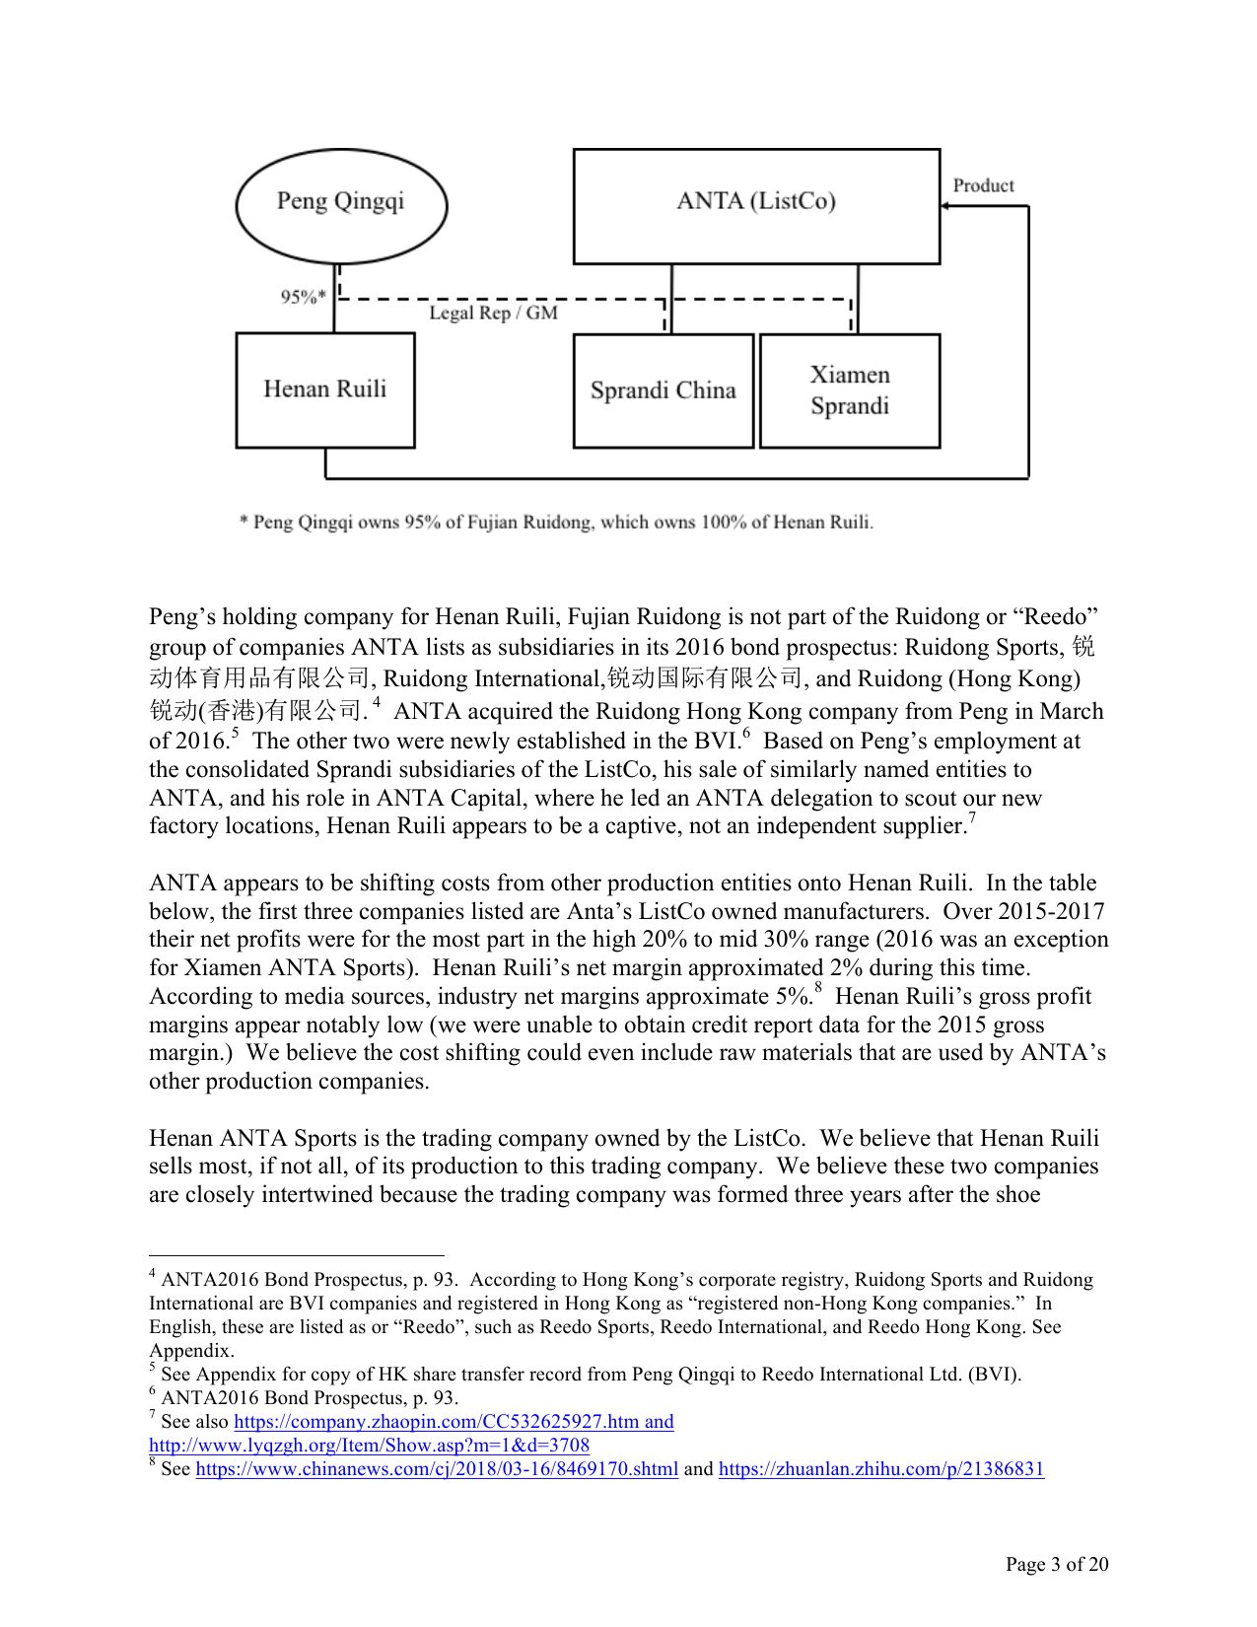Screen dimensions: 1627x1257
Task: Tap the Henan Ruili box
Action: click(x=325, y=389)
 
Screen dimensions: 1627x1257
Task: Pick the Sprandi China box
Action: click(x=663, y=391)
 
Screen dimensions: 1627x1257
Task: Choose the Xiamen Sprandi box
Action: click(x=850, y=390)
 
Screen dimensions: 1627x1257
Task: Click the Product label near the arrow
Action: click(x=983, y=185)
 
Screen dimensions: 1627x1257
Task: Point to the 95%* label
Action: click(x=303, y=297)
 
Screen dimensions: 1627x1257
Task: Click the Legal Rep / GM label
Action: click(x=493, y=314)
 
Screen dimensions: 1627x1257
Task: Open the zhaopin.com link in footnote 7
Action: click(x=454, y=1422)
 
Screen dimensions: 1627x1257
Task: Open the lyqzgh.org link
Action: click(x=369, y=1446)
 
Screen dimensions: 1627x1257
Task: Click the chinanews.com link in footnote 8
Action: click(x=437, y=1469)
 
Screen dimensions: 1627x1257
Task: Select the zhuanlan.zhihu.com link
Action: click(x=880, y=1469)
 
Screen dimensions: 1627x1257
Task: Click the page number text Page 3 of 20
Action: click(x=1056, y=1564)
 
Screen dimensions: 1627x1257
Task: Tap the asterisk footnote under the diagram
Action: click(x=556, y=523)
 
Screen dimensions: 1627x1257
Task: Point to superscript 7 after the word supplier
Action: click(x=971, y=818)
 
